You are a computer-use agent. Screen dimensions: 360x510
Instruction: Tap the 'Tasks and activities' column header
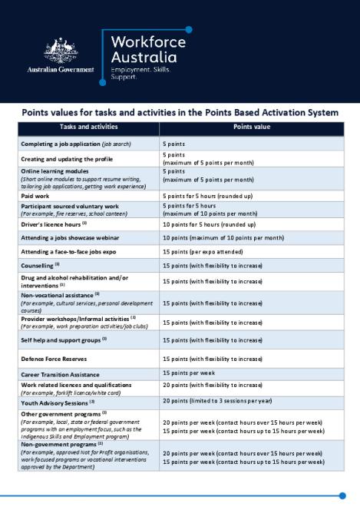[x=88, y=127]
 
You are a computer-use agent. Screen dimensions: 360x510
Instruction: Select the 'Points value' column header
[x=250, y=127]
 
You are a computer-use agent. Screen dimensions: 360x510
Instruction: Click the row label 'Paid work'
[x=38, y=197]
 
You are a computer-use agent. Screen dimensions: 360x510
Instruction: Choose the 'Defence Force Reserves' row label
[x=59, y=359]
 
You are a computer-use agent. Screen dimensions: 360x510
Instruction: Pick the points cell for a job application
[x=173, y=144]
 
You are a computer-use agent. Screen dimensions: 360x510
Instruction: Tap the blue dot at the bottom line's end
[x=342, y=495]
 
